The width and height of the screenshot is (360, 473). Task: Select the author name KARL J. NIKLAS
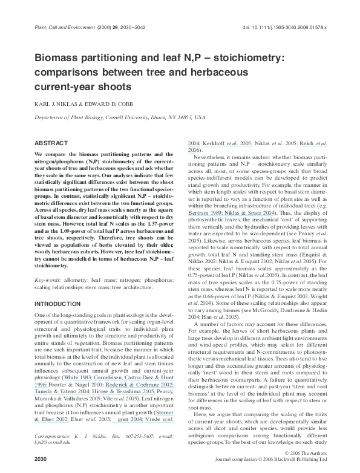coord(52,104)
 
